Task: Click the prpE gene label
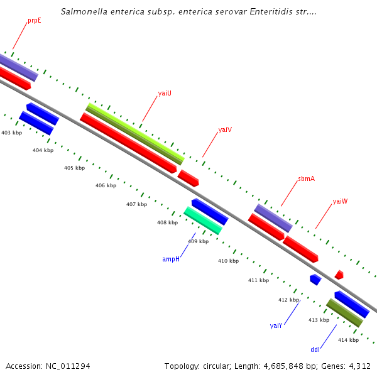(34, 21)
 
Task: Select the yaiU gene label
(165, 93)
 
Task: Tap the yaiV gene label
(225, 129)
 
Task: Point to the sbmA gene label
(306, 178)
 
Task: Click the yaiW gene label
(340, 201)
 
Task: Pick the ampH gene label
(171, 259)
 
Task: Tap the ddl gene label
(315, 349)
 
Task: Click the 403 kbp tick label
(11, 133)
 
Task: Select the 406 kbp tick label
(106, 185)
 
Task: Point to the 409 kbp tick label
(198, 241)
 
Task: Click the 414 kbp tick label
(348, 340)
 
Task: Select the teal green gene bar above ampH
(202, 221)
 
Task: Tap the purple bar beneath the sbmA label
(273, 217)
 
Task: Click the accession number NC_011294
(67, 366)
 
